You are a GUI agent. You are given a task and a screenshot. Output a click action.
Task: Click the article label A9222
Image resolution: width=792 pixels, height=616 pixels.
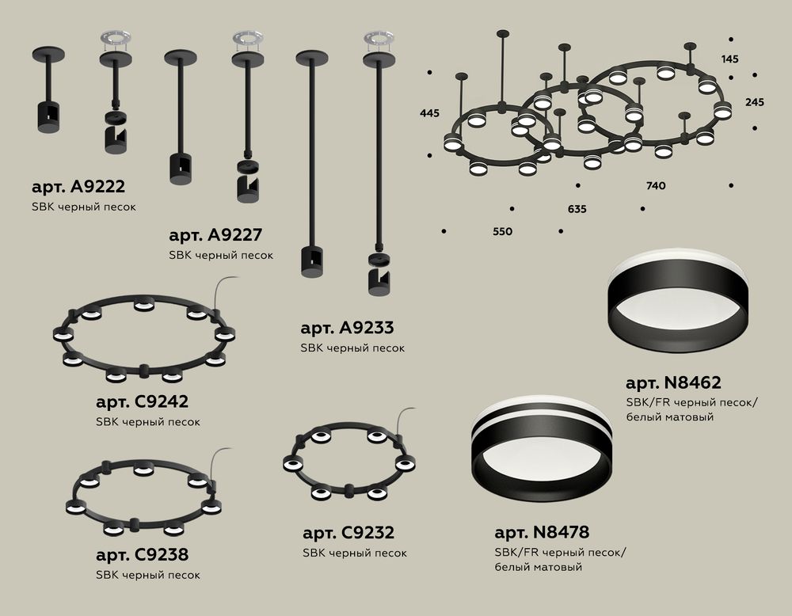[78, 188]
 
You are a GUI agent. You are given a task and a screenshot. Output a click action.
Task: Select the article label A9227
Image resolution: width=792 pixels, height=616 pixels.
[215, 236]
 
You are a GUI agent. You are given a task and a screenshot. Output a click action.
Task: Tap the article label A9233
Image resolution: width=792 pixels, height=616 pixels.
[348, 328]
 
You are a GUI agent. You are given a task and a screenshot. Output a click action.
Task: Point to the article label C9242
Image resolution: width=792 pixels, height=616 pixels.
[142, 402]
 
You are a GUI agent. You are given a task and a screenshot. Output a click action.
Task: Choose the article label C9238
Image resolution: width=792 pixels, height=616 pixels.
[142, 554]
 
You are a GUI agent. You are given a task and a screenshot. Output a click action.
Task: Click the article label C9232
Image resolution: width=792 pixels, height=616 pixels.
[348, 534]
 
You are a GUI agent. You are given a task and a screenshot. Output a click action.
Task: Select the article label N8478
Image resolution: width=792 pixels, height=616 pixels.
[542, 532]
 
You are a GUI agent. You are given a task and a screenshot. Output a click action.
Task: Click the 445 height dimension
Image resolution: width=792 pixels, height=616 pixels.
[429, 114]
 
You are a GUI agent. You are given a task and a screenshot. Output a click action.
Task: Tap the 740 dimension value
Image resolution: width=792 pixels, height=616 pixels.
[655, 186]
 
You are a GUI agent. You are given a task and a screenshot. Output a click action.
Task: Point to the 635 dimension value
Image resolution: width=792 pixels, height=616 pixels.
[577, 210]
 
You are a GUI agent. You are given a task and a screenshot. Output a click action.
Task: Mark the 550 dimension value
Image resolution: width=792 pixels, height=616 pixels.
[502, 232]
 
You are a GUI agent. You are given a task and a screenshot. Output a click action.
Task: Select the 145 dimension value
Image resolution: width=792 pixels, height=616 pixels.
[731, 59]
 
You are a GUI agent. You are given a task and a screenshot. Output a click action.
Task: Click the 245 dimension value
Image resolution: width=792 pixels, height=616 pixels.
[755, 103]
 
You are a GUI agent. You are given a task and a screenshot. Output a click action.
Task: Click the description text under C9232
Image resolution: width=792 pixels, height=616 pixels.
[355, 553]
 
